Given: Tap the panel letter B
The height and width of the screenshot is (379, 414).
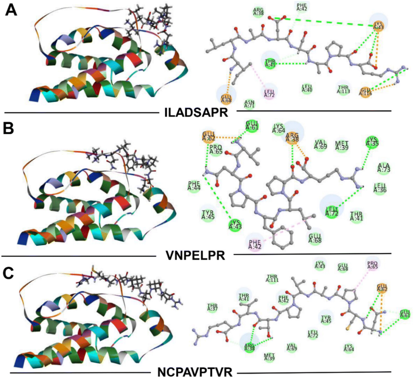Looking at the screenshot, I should coord(8,128).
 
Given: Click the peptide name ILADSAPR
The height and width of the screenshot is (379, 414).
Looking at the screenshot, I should coord(196,112).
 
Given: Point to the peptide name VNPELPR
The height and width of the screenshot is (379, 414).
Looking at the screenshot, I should coord(195,256).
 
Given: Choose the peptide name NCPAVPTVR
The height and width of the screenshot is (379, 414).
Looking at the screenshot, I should coord(195,372).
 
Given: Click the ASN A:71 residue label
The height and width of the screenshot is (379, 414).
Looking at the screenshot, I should coord(249,104).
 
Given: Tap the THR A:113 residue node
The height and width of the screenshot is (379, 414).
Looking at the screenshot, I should coord(343,90).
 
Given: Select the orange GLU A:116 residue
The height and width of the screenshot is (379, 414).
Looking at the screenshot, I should coord(365,92).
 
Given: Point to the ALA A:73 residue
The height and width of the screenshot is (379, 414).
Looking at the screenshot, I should coord(384,168).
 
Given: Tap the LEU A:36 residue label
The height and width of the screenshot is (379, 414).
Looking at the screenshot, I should coord(380,188).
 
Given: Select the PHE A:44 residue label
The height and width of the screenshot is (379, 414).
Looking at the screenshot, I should coord(194,186).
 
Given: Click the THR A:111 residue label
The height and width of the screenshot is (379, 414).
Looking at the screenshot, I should coord(272,279).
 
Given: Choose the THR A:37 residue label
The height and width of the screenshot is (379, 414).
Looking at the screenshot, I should coord(212,307).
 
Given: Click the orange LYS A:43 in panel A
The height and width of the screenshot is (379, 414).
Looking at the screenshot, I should coord(378,25).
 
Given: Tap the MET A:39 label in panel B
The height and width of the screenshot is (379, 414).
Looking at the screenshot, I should coord(342,145).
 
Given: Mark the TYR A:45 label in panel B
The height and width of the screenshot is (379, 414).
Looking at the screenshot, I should coord(208,214).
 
